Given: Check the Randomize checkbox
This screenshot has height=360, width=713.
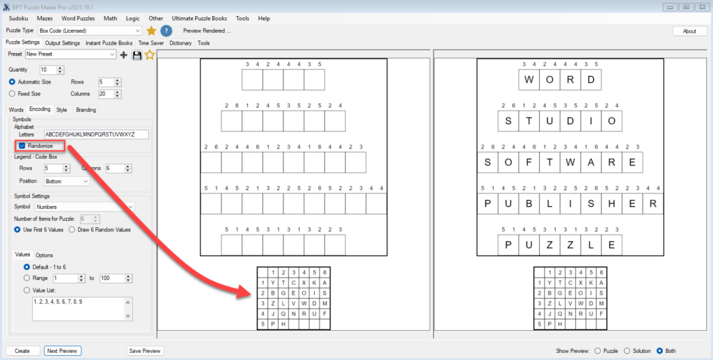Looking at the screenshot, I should point(22,146).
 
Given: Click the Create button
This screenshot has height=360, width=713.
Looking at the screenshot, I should point(22,350).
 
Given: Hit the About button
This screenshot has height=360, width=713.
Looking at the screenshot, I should point(689,31).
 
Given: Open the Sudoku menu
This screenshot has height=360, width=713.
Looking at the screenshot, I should point(18,18).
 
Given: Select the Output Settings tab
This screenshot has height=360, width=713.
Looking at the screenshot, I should point(63,43).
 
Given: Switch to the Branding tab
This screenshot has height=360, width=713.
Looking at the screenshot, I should point(86,109).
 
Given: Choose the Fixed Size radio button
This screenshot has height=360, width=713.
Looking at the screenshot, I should point(13,93).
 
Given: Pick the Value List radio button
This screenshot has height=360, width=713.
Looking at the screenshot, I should point(27,290).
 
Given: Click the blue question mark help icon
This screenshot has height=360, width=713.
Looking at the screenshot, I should point(166,31).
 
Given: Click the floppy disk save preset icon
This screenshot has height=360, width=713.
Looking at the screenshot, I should point(137,54).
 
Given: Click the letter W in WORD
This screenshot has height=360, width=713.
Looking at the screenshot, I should point(529,80).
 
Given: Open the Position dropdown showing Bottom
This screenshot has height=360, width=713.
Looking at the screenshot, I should point(67,181).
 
